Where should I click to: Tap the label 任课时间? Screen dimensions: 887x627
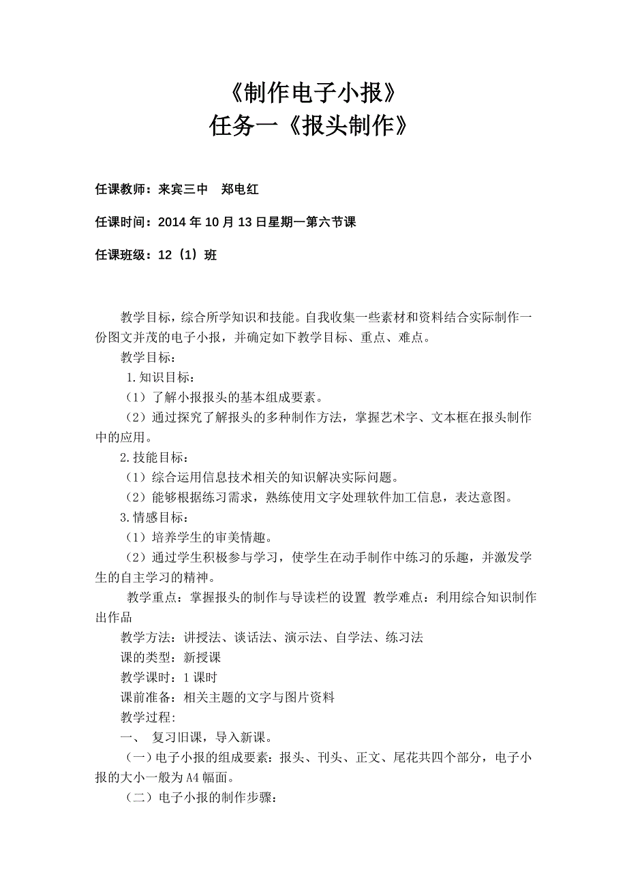click(x=123, y=223)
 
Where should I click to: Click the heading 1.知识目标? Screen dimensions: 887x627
click(x=160, y=377)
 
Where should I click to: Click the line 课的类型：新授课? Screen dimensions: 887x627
click(x=171, y=657)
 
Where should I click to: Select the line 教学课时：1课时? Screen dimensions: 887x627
click(x=169, y=677)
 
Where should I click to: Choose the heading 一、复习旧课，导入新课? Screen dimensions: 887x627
click(x=197, y=738)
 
